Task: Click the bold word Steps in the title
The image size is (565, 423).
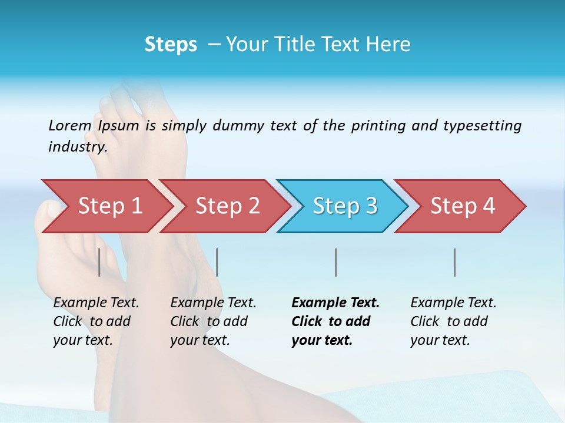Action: coord(171,45)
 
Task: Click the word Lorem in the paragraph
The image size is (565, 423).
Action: coord(69,125)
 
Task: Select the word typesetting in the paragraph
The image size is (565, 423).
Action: coord(482,125)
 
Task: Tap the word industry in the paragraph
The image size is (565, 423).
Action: coord(77,146)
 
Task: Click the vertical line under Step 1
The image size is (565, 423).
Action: coord(99,262)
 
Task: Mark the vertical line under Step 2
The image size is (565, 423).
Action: coord(217,262)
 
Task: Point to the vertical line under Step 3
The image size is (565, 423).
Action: coord(335,262)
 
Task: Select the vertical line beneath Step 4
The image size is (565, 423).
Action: coord(454,262)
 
